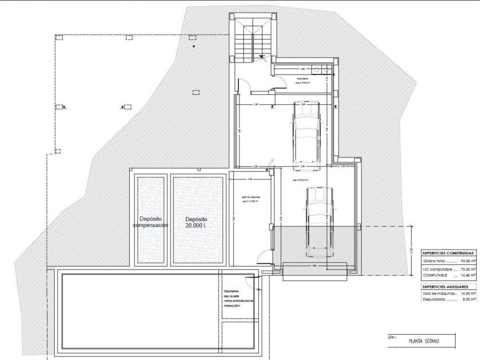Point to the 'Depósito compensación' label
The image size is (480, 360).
click(150, 221)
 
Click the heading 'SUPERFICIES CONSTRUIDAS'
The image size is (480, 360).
click(449, 253)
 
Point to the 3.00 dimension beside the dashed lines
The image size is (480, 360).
click(412, 250)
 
